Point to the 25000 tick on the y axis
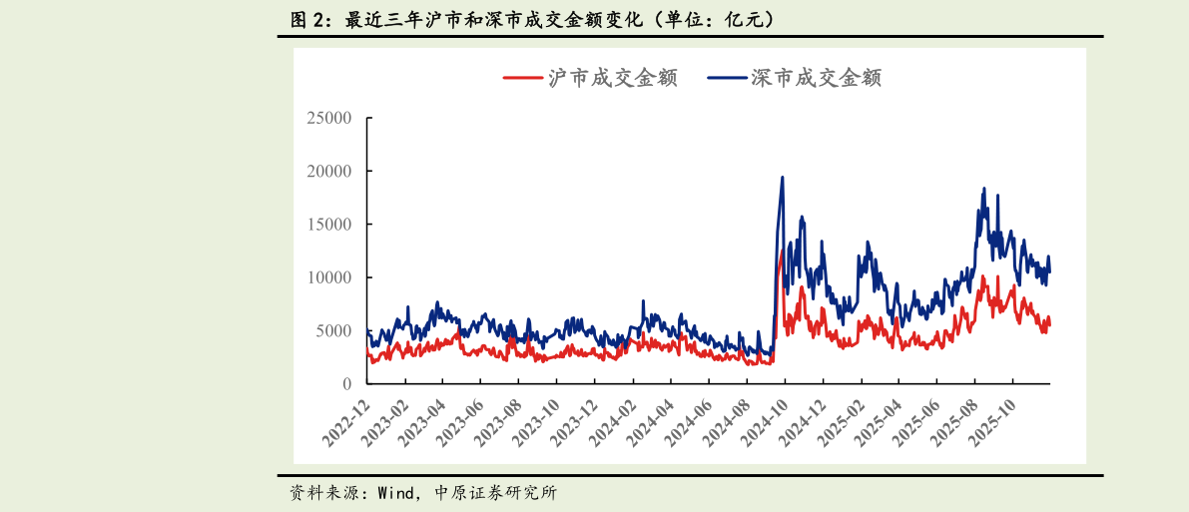click(328, 118)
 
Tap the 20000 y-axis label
click(328, 171)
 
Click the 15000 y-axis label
click(328, 225)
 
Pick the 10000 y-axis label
click(328, 277)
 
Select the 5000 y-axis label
click(333, 330)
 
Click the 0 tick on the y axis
click(346, 384)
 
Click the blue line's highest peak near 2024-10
click(782, 178)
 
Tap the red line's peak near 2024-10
click(782, 252)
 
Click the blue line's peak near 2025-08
click(984, 189)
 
